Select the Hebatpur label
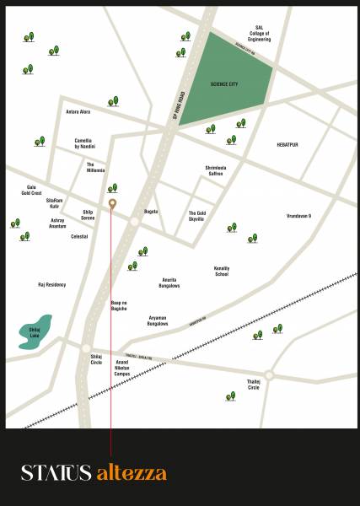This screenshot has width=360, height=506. click(288, 145)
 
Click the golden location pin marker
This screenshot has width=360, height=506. click(112, 203)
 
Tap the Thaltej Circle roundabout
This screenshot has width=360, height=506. click(269, 374)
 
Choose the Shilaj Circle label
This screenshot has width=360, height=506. click(96, 359)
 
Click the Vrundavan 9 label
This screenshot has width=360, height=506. click(298, 216)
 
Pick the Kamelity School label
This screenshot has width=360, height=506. click(222, 271)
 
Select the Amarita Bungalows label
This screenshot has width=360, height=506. click(170, 283)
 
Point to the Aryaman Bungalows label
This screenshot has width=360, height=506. click(158, 321)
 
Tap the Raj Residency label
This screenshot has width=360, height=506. click(51, 285)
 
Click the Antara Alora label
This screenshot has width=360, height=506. click(78, 111)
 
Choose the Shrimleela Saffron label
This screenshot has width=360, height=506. click(217, 170)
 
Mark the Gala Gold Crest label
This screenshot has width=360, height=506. click(31, 190)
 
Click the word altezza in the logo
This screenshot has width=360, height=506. click(131, 472)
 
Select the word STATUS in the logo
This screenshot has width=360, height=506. click(56, 472)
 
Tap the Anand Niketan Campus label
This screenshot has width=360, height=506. click(121, 368)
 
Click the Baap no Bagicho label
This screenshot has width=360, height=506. click(119, 305)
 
